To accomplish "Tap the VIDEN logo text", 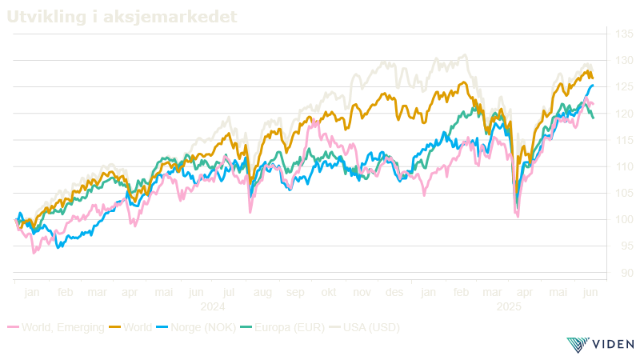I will [x=612, y=345].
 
